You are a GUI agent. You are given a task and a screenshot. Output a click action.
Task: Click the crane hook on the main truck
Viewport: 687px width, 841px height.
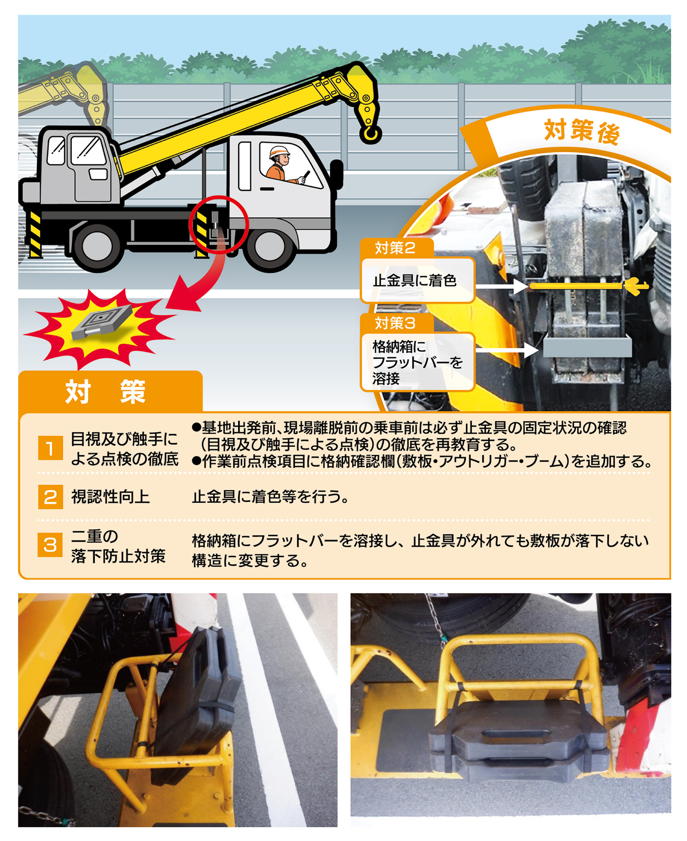point(370,133)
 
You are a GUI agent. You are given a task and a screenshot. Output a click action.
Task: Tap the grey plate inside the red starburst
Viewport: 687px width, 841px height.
point(102,322)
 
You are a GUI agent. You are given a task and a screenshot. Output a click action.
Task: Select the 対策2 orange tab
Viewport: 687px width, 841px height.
point(396,248)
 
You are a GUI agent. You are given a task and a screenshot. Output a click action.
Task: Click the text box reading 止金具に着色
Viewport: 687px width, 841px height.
point(417,280)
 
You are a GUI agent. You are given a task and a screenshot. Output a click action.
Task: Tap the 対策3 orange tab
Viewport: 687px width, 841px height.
point(396,323)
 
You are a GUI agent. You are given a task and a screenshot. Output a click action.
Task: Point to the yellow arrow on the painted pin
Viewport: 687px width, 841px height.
point(636,286)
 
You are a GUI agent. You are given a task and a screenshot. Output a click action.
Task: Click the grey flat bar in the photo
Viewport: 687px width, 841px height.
point(587,347)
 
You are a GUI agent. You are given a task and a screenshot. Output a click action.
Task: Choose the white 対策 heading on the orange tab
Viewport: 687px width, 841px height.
point(106,392)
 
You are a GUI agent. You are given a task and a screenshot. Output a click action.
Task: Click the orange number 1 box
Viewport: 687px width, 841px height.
point(50,448)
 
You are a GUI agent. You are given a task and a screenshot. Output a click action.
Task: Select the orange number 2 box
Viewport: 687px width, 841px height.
point(50,497)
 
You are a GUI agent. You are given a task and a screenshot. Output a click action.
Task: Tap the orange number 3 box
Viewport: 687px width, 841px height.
point(50,545)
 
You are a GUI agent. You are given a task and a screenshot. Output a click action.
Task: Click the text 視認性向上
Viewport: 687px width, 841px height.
point(110,496)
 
